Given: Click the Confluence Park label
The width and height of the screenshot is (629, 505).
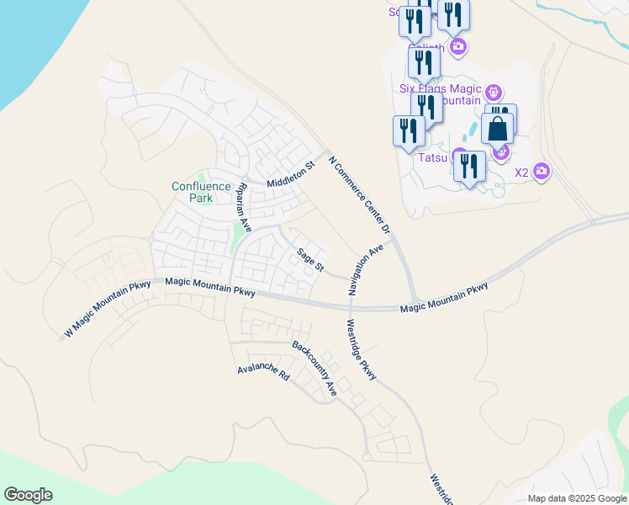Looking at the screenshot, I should tap(201, 192).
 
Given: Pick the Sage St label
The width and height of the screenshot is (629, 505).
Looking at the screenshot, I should tap(309, 259).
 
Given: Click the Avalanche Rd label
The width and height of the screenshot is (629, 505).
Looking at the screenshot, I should tap(262, 372).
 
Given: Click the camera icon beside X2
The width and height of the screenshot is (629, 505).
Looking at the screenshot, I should tap(541, 172).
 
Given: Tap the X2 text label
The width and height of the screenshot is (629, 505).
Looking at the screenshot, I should tap(521, 173).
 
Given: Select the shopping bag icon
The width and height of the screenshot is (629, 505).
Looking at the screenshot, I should tap(498, 129).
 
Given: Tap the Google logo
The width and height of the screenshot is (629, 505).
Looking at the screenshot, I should tap(28, 495).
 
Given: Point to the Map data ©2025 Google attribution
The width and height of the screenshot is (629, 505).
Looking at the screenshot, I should tap(576, 498).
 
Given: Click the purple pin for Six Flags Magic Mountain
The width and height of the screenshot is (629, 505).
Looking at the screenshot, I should tap(494, 92).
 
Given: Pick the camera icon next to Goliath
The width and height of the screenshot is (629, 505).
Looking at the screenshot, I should tap(457, 45).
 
